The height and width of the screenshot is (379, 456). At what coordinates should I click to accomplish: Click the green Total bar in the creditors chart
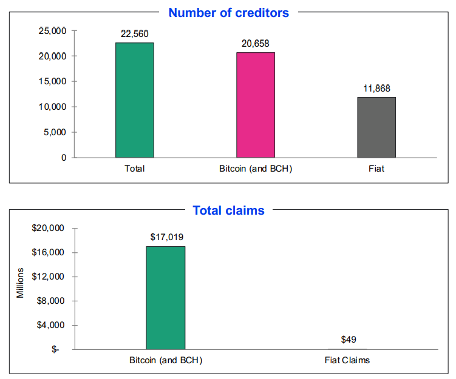coord(134,100)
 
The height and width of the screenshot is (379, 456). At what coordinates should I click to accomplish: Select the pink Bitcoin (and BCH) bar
coord(256,105)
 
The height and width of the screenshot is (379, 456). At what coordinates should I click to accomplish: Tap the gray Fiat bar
coord(376,127)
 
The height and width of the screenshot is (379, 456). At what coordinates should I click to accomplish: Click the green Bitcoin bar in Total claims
coord(166,298)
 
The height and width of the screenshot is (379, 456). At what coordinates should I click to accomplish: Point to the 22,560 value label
coord(134,34)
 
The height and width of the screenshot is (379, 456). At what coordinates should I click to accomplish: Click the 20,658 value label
coord(256,43)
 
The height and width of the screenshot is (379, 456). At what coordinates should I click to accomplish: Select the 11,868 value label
coord(376,88)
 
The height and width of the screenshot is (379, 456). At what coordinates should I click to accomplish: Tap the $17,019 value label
coord(166,237)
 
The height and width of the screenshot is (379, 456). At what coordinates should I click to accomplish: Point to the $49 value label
coord(348,340)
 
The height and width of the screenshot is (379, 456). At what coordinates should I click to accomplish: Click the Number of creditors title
coord(228,12)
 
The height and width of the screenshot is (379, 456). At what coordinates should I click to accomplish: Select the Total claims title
coord(228,210)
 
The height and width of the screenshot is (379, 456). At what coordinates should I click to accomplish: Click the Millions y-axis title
coord(21,283)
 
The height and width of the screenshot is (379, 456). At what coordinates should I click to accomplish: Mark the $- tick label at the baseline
coord(56,349)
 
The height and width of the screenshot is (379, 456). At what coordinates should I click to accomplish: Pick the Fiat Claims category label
coord(348,360)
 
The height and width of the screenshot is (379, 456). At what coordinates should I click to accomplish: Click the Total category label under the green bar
coord(134,169)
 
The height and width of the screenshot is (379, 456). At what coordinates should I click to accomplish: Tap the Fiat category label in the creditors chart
coord(376,169)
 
